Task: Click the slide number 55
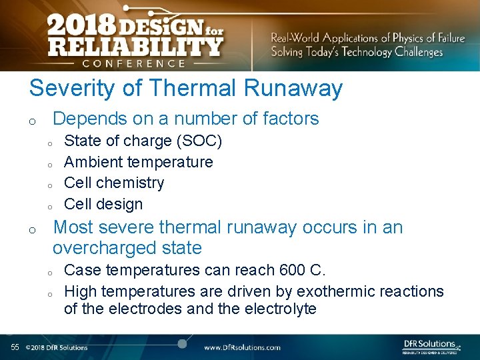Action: [x=15, y=347]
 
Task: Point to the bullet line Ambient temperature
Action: [x=138, y=162]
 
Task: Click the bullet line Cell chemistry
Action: [x=113, y=183]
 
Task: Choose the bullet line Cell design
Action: [x=103, y=204]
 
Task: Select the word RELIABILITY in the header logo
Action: [x=135, y=47]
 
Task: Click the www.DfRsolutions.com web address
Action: [x=242, y=347]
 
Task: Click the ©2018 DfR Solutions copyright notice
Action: [x=57, y=347]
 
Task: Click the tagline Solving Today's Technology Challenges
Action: [x=357, y=53]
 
